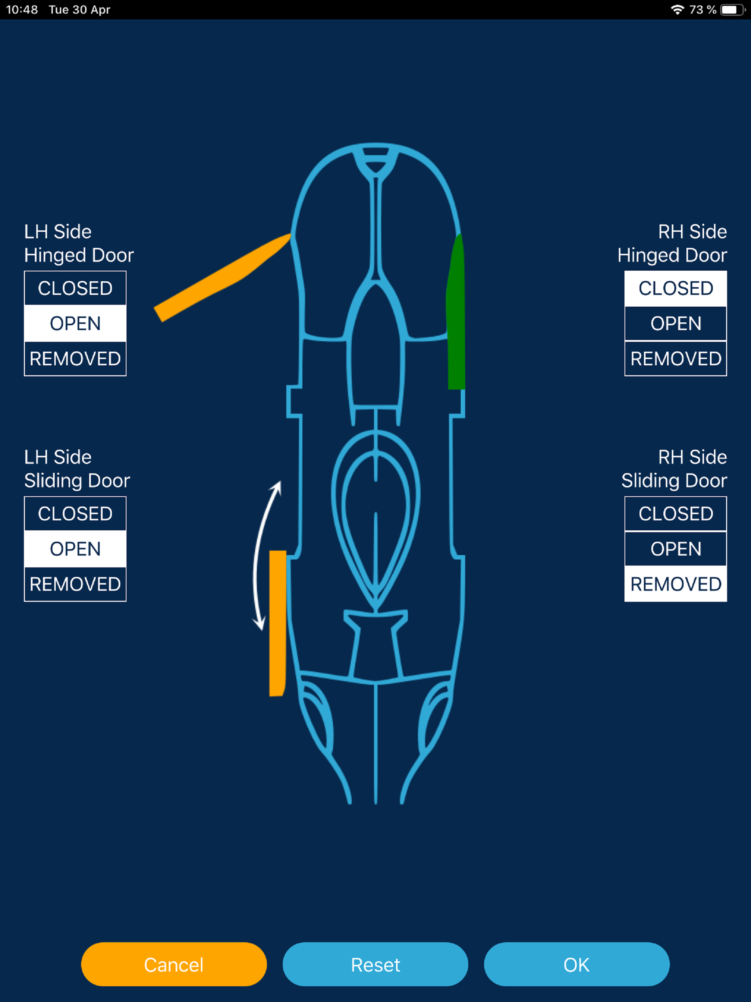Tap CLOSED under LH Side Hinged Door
pyautogui.click(x=75, y=288)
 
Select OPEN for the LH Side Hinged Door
pyautogui.click(x=75, y=323)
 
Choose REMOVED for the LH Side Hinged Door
pyautogui.click(x=75, y=359)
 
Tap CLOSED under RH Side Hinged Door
pyautogui.click(x=675, y=288)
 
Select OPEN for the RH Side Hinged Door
pyautogui.click(x=675, y=323)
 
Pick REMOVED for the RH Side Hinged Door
pyautogui.click(x=675, y=359)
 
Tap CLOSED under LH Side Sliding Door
pyautogui.click(x=75, y=514)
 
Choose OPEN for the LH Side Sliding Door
pyautogui.click(x=75, y=549)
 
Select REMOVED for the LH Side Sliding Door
pyautogui.click(x=75, y=584)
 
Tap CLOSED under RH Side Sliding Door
pyautogui.click(x=675, y=514)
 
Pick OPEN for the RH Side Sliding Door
pyautogui.click(x=675, y=549)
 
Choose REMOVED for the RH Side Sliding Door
pyautogui.click(x=675, y=584)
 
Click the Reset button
pyautogui.click(x=375, y=964)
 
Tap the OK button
pyautogui.click(x=576, y=964)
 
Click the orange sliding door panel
pyautogui.click(x=277, y=623)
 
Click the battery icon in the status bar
pyautogui.click(x=731, y=10)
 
